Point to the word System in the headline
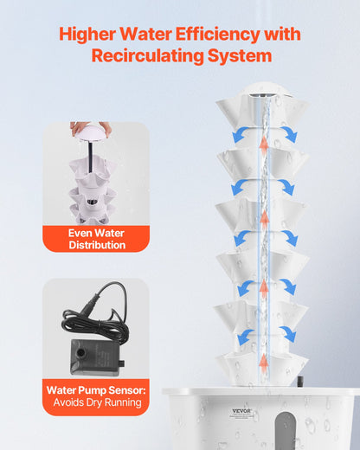click(244, 56)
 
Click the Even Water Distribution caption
click(96, 239)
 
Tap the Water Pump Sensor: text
click(96, 390)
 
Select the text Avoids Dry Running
click(96, 403)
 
